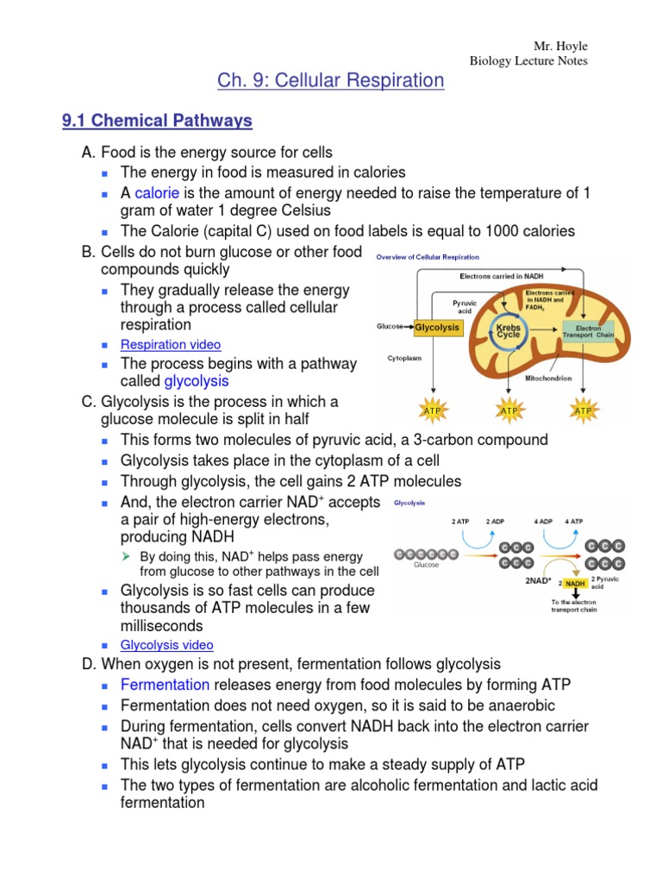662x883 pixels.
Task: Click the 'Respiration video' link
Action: point(171,345)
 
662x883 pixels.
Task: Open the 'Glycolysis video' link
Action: point(167,645)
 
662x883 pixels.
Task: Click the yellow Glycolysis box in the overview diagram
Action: point(438,329)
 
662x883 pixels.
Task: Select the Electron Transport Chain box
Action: point(589,330)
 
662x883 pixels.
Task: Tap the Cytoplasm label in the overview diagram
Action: point(404,357)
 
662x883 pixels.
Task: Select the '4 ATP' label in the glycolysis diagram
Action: point(573,523)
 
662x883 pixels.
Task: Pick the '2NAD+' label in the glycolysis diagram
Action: point(538,581)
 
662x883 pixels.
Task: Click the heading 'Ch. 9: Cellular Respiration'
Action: point(332,81)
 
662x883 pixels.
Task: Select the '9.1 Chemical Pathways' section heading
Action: point(157,121)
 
